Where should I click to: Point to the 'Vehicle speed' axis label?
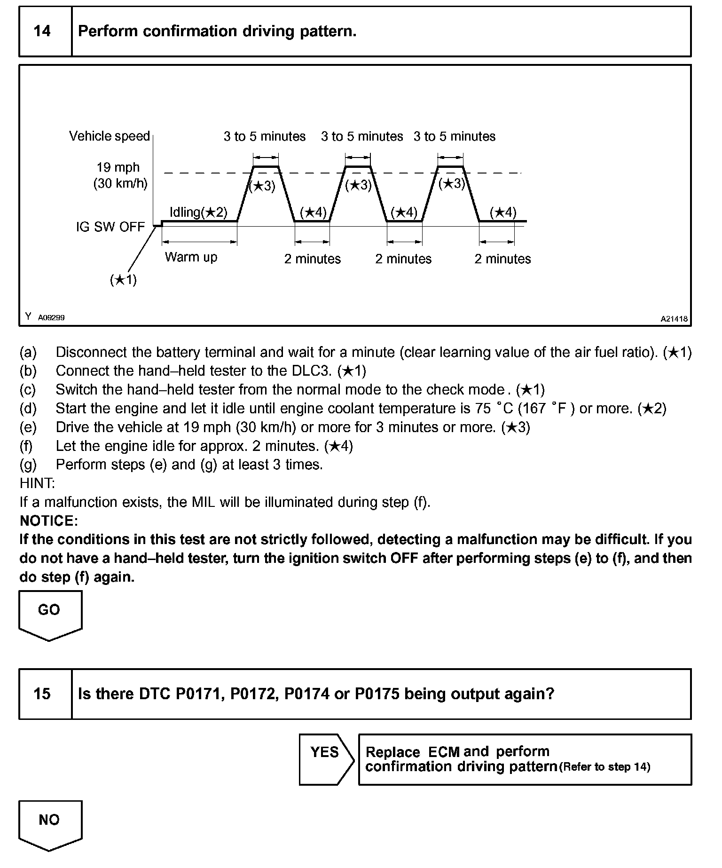(109, 136)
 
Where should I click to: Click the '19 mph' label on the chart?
(118, 167)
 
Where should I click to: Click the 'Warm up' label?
(191, 257)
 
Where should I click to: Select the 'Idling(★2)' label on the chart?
(198, 213)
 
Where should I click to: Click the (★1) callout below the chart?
(123, 280)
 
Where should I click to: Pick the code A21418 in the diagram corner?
(674, 319)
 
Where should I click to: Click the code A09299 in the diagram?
(51, 318)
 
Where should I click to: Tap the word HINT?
(37, 483)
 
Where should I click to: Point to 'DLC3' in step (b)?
(313, 371)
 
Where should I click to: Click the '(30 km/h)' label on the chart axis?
(120, 183)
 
